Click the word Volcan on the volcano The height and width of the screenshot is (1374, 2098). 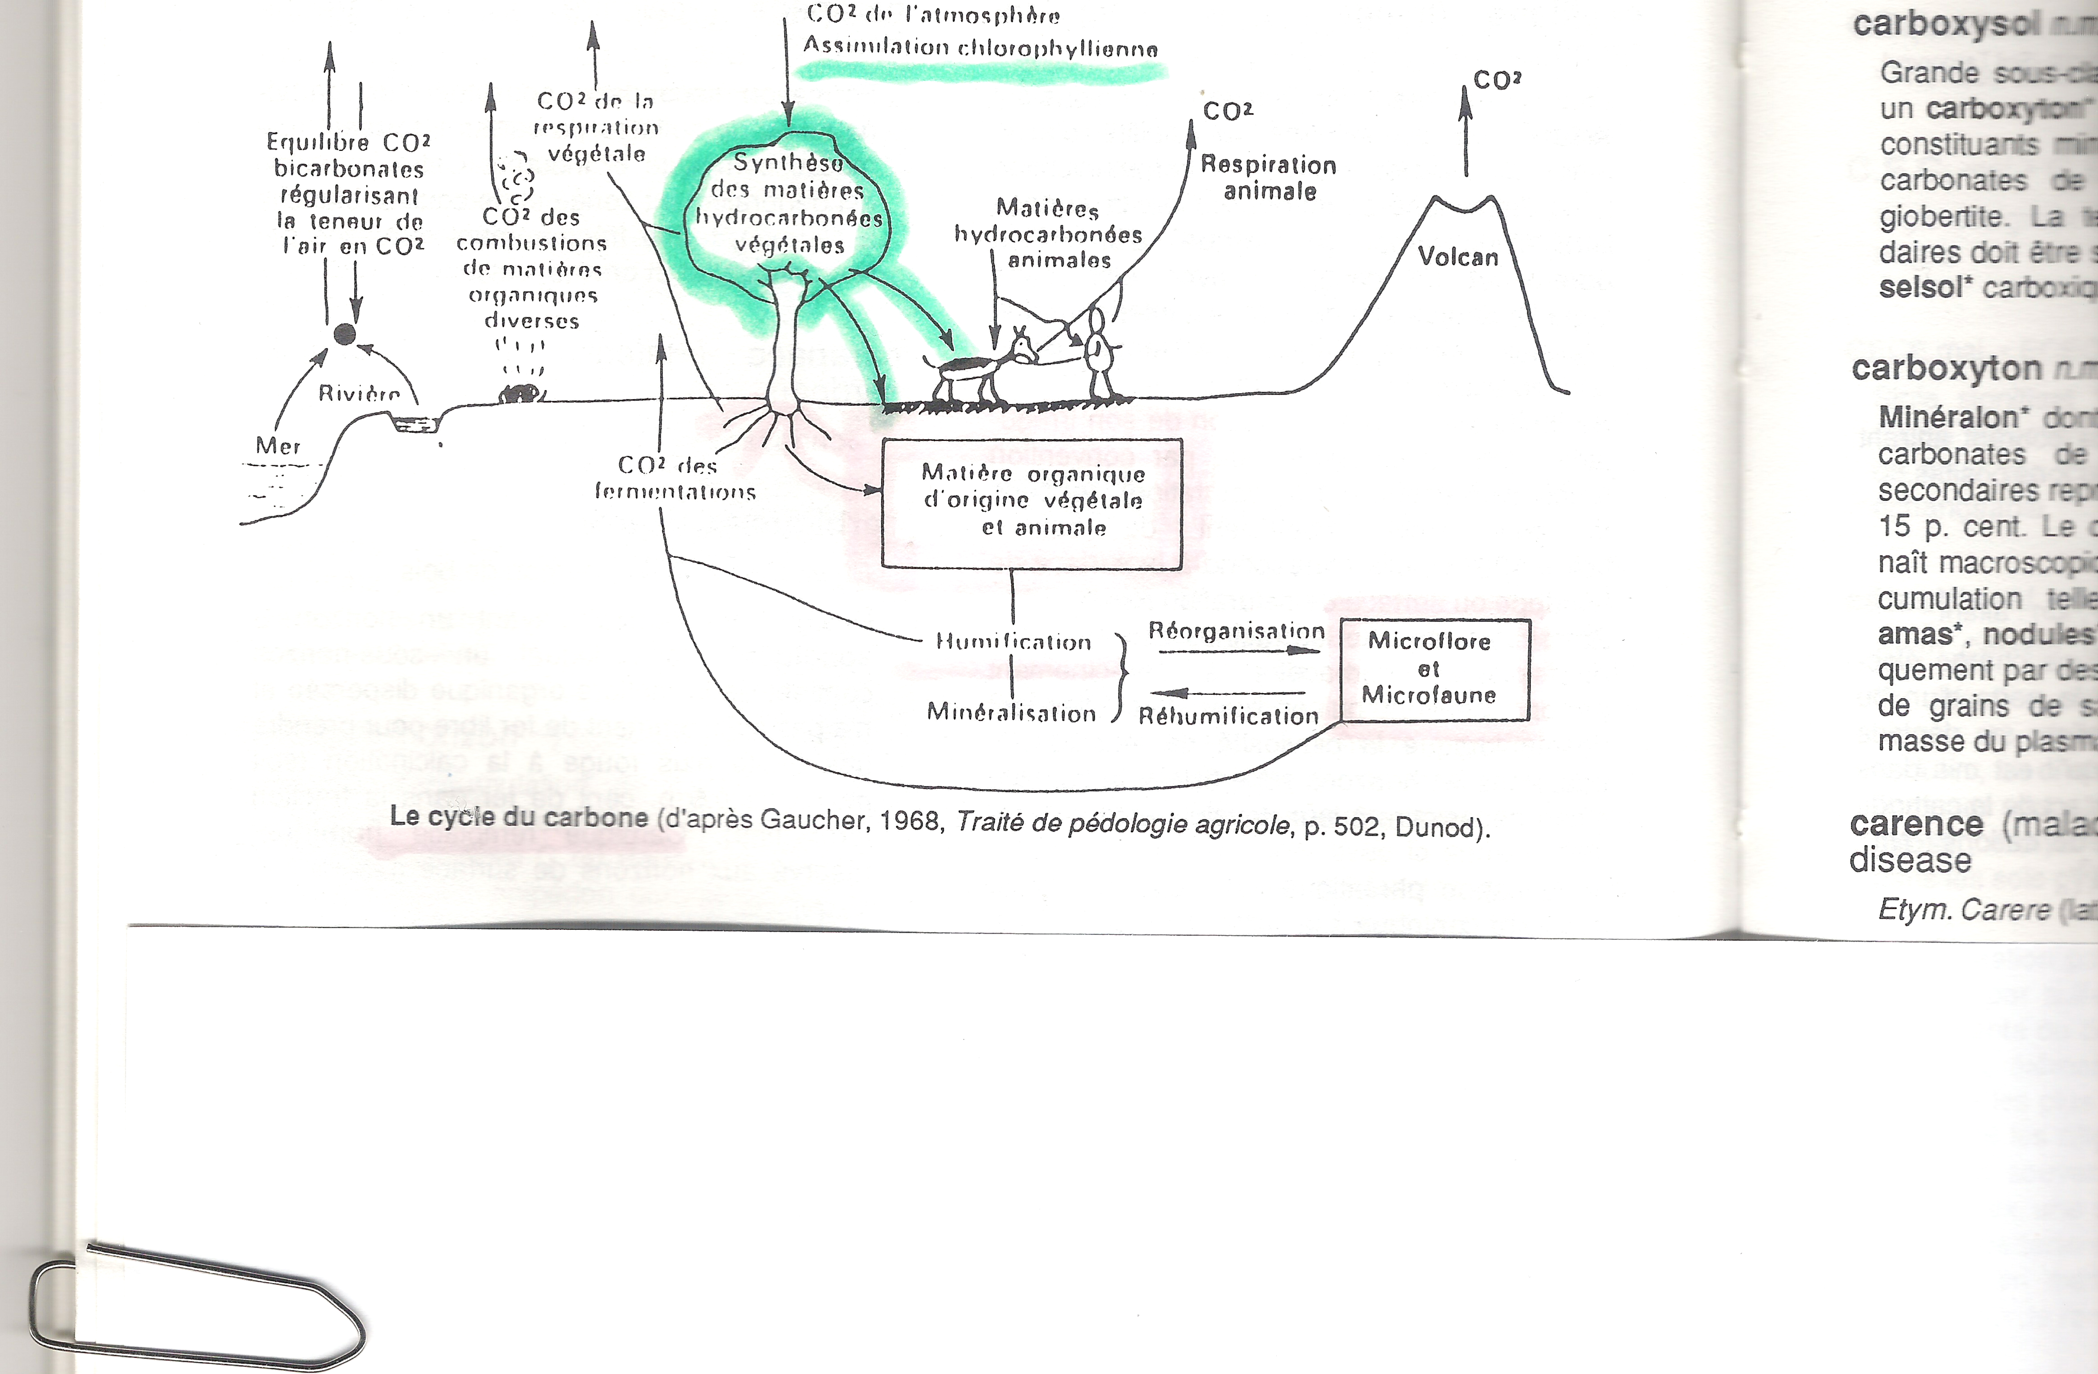click(x=1457, y=258)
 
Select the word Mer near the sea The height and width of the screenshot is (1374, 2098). click(x=278, y=446)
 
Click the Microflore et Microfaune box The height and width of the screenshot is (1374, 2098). click(x=1434, y=669)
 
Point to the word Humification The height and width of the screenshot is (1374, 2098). click(x=1013, y=642)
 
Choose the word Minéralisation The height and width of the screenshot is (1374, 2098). click(x=1011, y=712)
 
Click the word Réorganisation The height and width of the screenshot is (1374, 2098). click(x=1236, y=631)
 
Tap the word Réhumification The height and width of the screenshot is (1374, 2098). click(x=1228, y=716)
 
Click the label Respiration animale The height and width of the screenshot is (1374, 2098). click(x=1268, y=177)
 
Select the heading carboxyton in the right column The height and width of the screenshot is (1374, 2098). click(x=1945, y=369)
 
